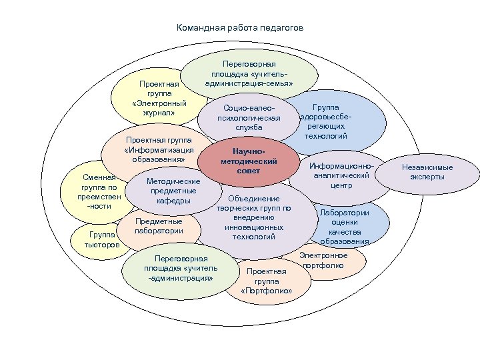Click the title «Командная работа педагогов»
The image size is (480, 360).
239,29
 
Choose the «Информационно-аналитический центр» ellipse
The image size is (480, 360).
341,175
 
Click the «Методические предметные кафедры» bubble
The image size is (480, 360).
173,191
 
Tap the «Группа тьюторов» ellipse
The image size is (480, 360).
101,240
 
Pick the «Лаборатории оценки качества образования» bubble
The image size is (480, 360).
345,226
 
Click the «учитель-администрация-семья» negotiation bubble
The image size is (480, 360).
248,73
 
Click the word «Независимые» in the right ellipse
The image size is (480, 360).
427,167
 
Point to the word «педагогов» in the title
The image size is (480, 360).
284,29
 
